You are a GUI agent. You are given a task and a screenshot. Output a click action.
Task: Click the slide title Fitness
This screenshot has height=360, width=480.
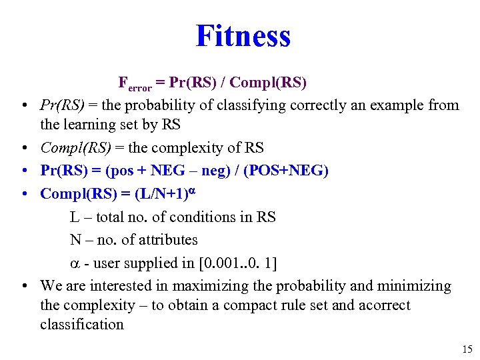point(243,36)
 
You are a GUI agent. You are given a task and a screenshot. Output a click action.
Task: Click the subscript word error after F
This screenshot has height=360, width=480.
point(140,87)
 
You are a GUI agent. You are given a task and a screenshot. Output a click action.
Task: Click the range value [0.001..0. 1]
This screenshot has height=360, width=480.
point(238,263)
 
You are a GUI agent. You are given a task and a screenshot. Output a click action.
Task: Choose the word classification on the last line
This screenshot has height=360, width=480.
point(82,325)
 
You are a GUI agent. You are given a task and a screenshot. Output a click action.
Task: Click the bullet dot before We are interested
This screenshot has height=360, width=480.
point(24,287)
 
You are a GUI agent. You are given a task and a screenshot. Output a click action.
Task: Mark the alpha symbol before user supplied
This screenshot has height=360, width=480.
point(74,263)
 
